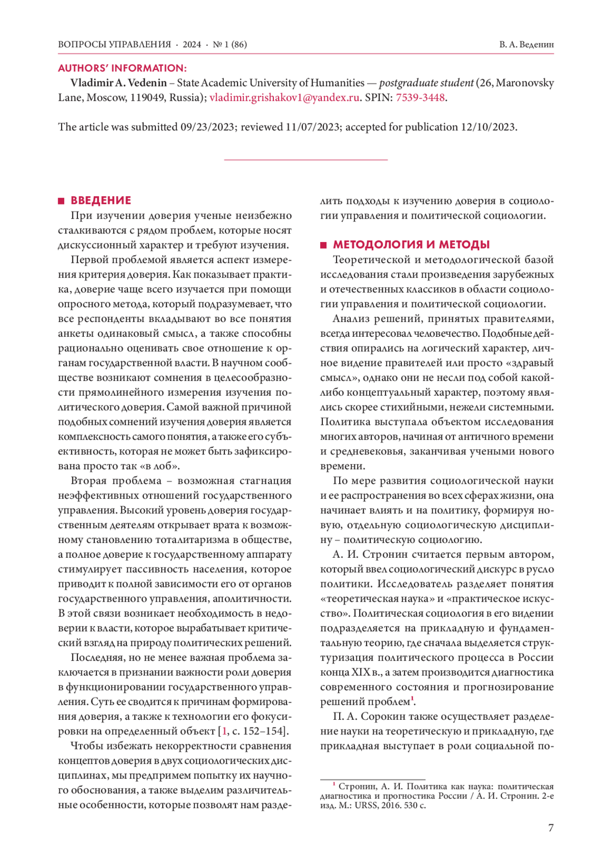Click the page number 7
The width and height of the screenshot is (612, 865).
[x=550, y=828]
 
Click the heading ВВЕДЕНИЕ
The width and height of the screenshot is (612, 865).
[x=100, y=200]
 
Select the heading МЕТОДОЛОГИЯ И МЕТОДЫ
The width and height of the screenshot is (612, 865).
[x=411, y=245]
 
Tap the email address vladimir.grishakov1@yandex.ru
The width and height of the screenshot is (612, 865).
[x=285, y=97]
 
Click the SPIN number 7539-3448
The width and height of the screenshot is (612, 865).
[x=420, y=97]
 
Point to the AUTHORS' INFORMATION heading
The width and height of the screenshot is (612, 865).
[x=122, y=68]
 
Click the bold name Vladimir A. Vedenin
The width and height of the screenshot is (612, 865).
[x=118, y=83]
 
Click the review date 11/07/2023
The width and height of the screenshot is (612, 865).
[x=312, y=127]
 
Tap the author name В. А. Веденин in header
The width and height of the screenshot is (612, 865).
[x=526, y=44]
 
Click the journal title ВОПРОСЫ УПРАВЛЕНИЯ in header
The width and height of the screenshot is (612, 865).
[x=114, y=44]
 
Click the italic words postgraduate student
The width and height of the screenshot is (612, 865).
[x=426, y=83]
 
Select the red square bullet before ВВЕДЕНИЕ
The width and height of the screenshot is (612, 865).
[x=61, y=201]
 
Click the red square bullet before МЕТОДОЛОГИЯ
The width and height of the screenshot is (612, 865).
[x=323, y=245]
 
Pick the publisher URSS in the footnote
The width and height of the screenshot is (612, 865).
[x=355, y=805]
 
